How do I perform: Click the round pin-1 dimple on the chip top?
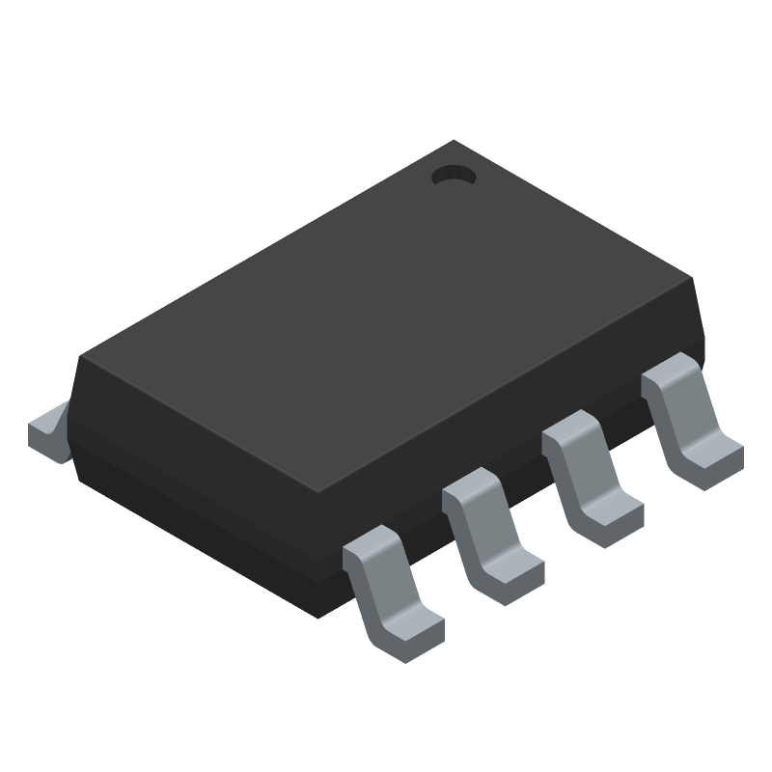(x=454, y=176)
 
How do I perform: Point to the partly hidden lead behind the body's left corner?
(x=48, y=432)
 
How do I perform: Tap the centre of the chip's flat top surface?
(x=386, y=318)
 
